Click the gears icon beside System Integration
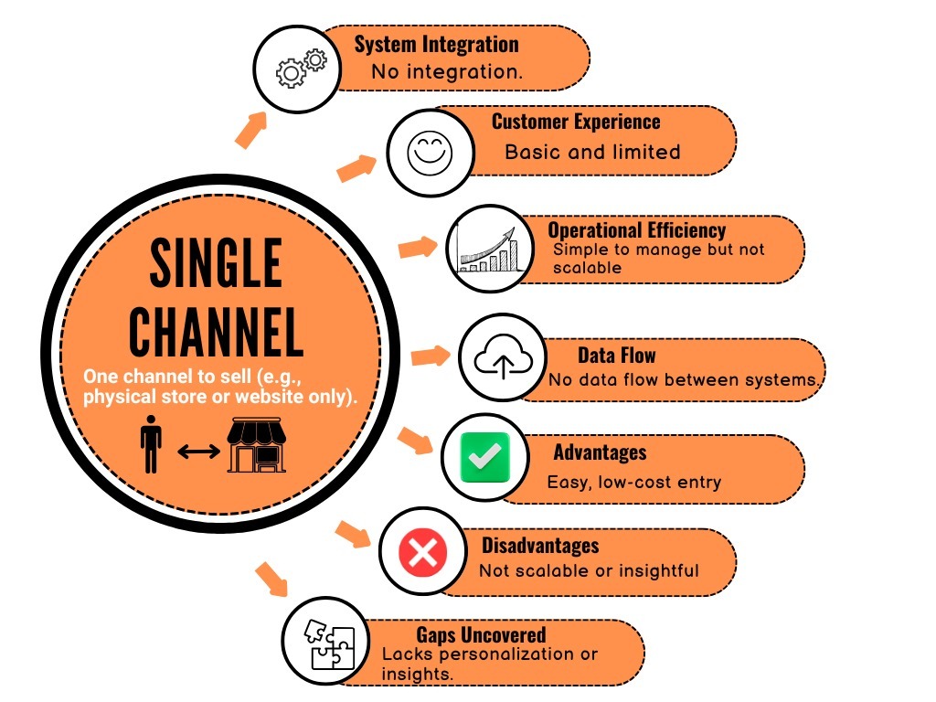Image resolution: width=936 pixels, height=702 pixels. click(x=302, y=67)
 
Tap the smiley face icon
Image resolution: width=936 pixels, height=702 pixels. click(x=424, y=152)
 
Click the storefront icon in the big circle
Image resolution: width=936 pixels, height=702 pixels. click(x=257, y=445)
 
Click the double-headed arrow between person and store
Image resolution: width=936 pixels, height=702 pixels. click(x=198, y=451)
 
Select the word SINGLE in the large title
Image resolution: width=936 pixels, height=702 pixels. click(x=216, y=266)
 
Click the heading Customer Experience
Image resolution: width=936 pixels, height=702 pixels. click(x=576, y=122)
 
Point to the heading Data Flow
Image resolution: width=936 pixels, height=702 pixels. click(x=616, y=356)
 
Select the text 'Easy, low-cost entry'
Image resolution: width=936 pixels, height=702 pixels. click(x=634, y=482)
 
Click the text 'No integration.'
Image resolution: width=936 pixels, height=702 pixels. click(x=447, y=72)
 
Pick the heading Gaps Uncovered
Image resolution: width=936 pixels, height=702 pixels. click(x=481, y=634)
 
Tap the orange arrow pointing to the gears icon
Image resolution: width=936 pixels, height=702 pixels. click(x=250, y=130)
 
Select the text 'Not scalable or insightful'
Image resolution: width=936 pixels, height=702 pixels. click(x=589, y=570)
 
